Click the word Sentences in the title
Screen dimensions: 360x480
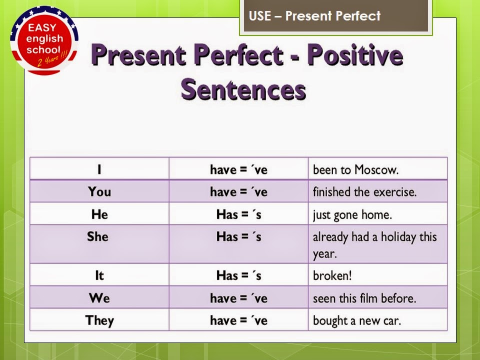[x=243, y=90]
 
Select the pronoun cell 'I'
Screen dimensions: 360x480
[x=99, y=169]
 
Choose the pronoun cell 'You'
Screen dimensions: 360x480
[x=99, y=191]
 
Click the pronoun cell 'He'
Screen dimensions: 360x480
[x=99, y=214]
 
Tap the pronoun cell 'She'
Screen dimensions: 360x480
[x=97, y=236]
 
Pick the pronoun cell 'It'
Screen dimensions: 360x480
[x=99, y=275]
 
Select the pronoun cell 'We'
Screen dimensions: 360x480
[x=99, y=298]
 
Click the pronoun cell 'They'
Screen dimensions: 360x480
[x=99, y=320]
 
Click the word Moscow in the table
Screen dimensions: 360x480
[x=376, y=169]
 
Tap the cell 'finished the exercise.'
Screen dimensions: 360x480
[x=364, y=192]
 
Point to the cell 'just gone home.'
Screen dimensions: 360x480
[x=352, y=215]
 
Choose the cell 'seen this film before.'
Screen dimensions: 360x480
[x=364, y=298]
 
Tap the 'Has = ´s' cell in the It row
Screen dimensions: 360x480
[x=238, y=275]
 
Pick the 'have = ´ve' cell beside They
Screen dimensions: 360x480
[x=238, y=320]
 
